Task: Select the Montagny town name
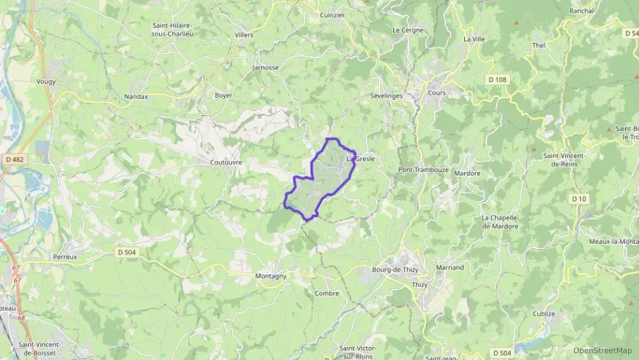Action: pos(270,276)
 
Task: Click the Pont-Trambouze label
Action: pos(421,169)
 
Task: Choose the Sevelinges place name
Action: pos(386,96)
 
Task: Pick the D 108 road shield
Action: pos(498,80)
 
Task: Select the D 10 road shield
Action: pos(579,199)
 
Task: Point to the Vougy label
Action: pos(46,81)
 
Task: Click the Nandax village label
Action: pos(136,97)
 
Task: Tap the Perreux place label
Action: pos(65,257)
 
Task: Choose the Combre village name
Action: pos(327,293)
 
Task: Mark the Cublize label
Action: pos(543,314)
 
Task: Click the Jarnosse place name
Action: pos(266,68)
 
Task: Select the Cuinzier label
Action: pos(332,14)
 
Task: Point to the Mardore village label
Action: pos(467,174)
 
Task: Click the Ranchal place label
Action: pos(582,11)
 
